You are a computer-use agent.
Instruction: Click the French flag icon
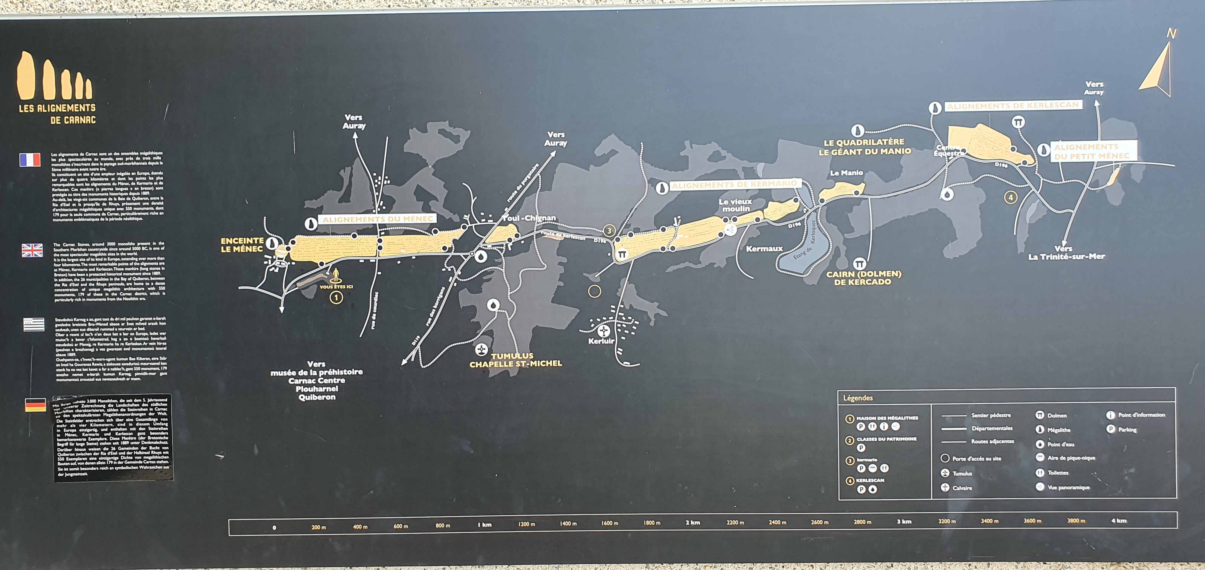click(30, 160)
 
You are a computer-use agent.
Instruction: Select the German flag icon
click(36, 405)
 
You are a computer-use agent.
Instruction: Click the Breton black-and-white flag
click(34, 324)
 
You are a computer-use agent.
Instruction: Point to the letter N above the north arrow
click(1171, 34)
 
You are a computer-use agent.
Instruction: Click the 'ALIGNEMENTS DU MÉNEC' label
click(378, 219)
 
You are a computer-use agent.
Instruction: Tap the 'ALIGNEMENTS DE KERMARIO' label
click(734, 185)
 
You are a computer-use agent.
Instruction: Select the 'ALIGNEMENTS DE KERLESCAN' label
click(1013, 106)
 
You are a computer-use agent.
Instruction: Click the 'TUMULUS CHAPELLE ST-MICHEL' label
click(516, 360)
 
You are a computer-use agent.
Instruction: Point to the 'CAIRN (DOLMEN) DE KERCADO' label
click(863, 278)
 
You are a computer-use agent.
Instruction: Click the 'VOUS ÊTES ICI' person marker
click(336, 274)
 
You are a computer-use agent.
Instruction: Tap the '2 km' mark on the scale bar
click(692, 522)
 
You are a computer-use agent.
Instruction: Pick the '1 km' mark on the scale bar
click(485, 525)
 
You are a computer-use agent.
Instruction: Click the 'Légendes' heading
click(858, 398)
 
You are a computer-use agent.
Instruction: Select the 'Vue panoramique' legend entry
click(1068, 487)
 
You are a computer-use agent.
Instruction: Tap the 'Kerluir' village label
click(601, 341)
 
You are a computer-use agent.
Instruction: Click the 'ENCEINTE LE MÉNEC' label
click(242, 245)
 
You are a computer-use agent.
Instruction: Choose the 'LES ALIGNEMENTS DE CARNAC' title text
click(57, 114)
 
